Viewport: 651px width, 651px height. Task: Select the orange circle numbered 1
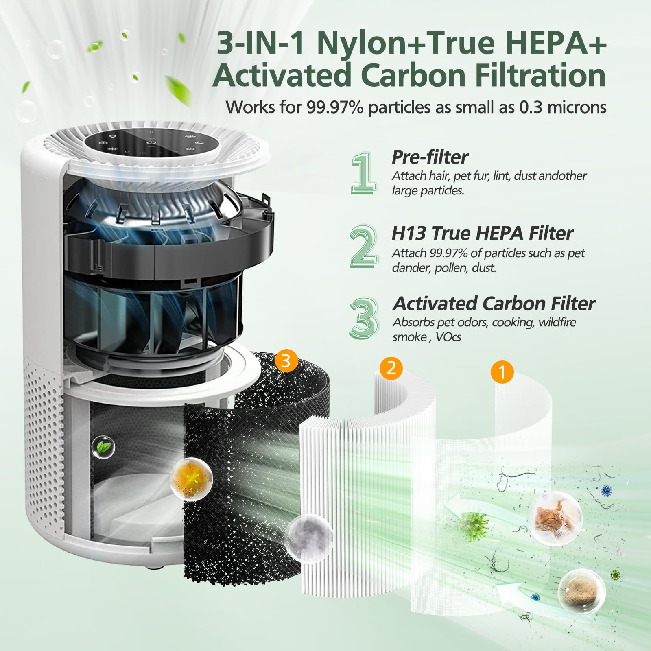coord(502,372)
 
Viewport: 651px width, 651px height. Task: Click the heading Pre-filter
coord(429,157)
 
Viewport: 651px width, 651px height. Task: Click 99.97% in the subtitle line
coord(336,107)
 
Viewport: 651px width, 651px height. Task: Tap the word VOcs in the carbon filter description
coord(448,337)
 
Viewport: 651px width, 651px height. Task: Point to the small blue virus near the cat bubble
coord(606,491)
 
